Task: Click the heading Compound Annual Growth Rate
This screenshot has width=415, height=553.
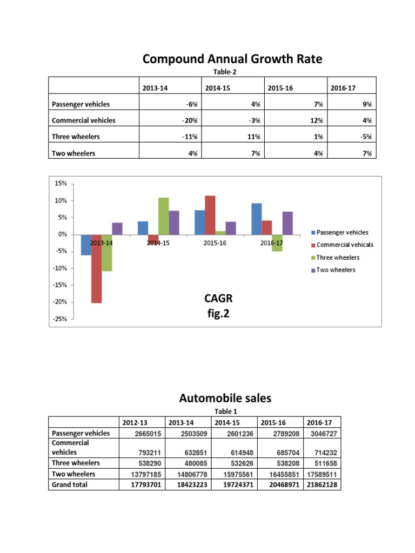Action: tap(232, 59)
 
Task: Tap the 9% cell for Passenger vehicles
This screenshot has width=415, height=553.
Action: tap(367, 104)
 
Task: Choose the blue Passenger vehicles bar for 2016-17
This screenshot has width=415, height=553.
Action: tap(257, 219)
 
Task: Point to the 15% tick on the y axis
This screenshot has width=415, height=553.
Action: tap(60, 184)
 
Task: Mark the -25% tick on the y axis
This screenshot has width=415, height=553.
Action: tap(59, 319)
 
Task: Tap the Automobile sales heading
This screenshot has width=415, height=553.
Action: tap(225, 399)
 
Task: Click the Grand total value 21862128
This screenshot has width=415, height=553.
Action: tap(322, 485)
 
